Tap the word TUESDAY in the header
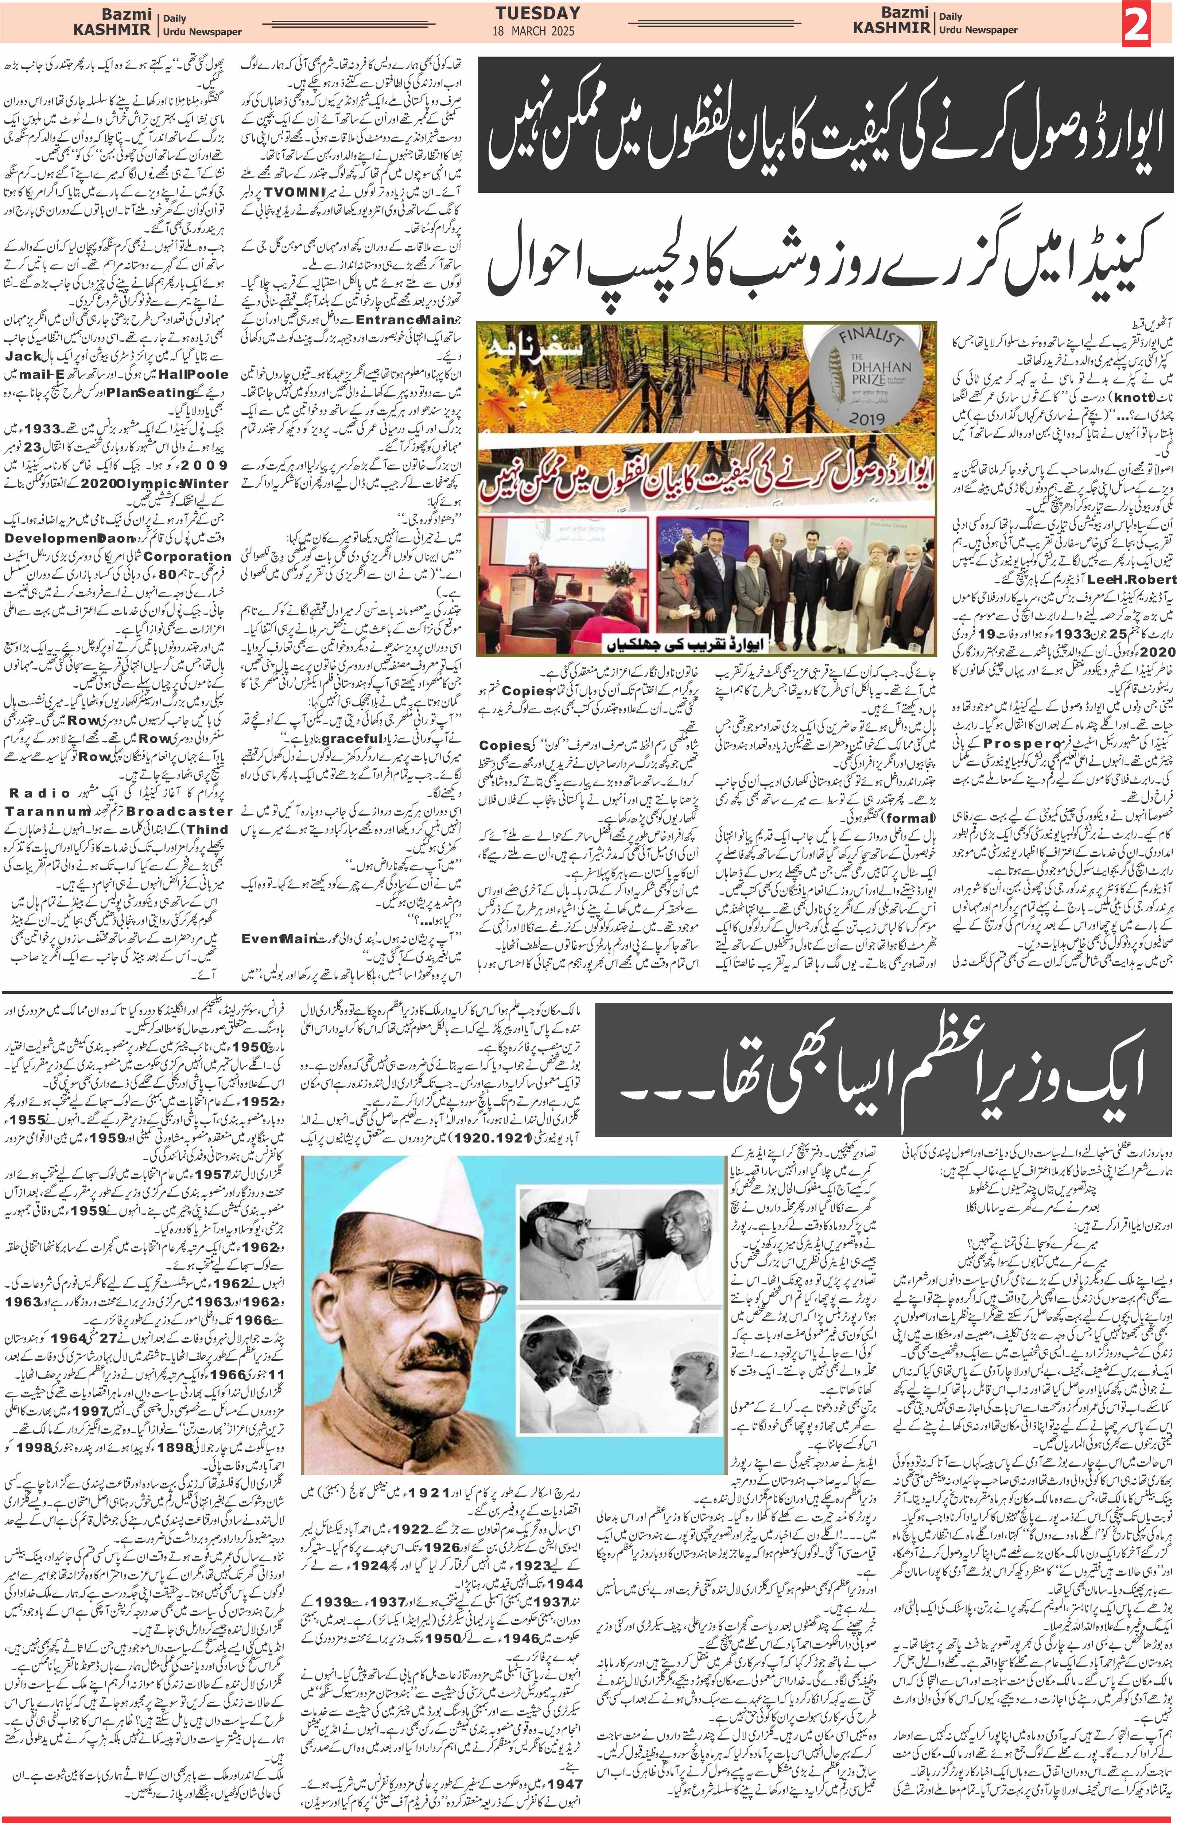pyautogui.click(x=537, y=13)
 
